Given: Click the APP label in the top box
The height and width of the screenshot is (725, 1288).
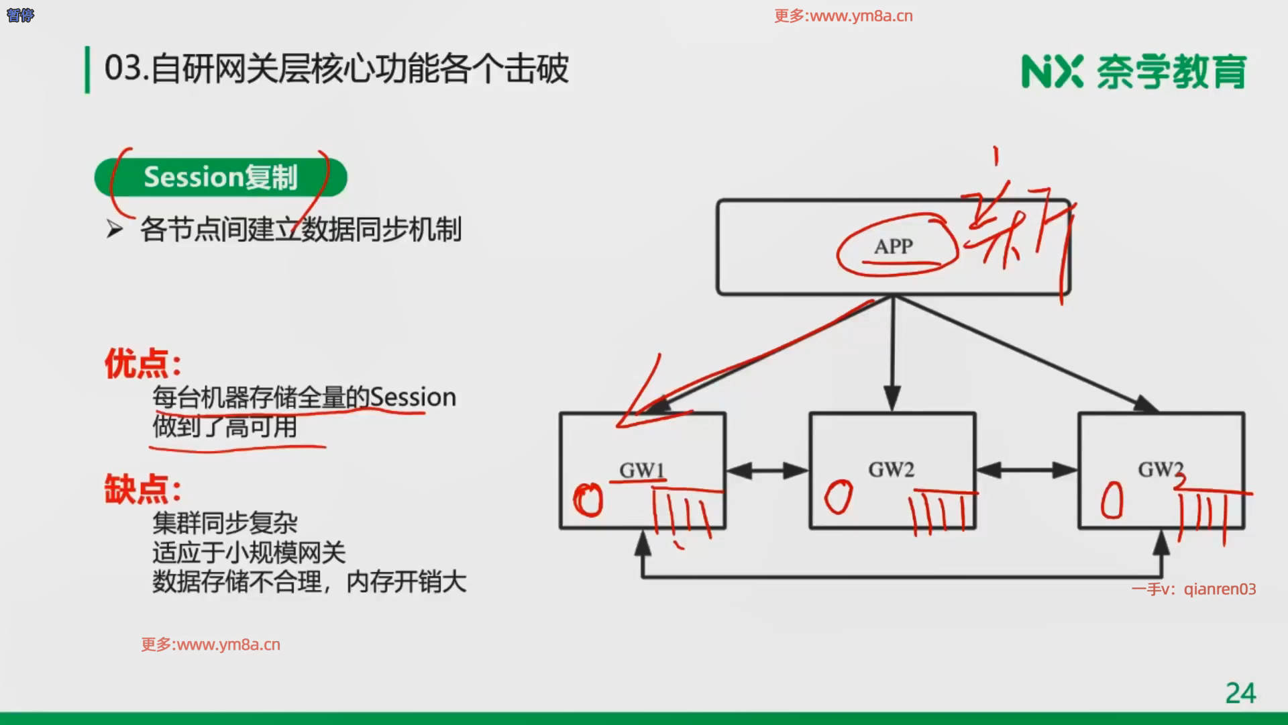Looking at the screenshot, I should pyautogui.click(x=893, y=246).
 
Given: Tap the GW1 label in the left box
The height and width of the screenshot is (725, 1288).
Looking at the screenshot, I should pyautogui.click(x=642, y=470).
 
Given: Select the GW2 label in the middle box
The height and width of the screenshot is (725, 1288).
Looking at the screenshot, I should pyautogui.click(x=891, y=469).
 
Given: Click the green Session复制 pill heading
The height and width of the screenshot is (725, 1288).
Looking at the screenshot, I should pyautogui.click(x=220, y=177).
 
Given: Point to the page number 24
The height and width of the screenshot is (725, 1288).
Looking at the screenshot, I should pyautogui.click(x=1240, y=693).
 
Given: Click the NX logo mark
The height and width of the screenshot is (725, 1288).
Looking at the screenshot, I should pyautogui.click(x=1052, y=71).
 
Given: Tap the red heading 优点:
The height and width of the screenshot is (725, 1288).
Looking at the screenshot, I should pyautogui.click(x=143, y=364).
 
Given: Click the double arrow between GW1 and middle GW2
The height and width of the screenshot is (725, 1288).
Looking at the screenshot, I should pyautogui.click(x=767, y=470).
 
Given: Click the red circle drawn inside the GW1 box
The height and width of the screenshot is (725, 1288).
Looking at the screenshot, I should pyautogui.click(x=588, y=500).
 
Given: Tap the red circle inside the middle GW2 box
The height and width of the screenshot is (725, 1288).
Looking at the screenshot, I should pyautogui.click(x=838, y=497).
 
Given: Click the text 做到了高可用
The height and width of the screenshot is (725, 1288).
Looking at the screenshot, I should pyautogui.click(x=225, y=426).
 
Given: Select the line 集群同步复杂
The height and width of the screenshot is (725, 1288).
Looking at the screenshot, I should pyautogui.click(x=225, y=522).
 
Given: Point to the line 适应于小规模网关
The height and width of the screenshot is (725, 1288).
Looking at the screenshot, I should pyautogui.click(x=249, y=552).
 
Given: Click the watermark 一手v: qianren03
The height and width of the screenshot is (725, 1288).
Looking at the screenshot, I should pyautogui.click(x=1193, y=589).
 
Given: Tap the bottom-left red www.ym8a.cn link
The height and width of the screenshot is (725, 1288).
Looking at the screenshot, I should pyautogui.click(x=211, y=644).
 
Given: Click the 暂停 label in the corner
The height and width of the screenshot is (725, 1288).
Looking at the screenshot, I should pyautogui.click(x=20, y=15).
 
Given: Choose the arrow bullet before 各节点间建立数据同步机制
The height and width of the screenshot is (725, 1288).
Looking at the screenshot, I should pyautogui.click(x=115, y=230).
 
